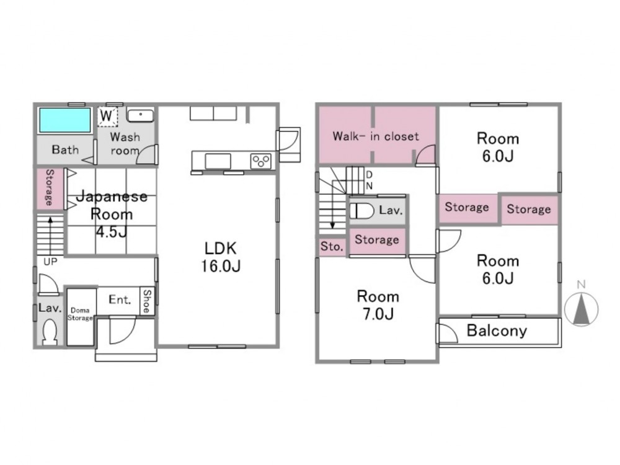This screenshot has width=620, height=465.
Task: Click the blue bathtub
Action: tap(65, 120)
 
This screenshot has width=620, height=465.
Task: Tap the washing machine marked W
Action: tap(107, 117)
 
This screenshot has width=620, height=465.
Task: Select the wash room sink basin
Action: tap(140, 115)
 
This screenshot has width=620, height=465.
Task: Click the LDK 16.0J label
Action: tap(221, 257)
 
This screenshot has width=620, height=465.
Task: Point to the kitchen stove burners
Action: tap(261, 161)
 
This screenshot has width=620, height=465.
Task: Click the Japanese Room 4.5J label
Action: tap(112, 214)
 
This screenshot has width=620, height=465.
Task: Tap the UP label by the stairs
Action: tap(50, 262)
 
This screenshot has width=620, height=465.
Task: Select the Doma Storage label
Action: tap(80, 314)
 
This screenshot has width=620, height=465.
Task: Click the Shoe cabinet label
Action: tap(147, 301)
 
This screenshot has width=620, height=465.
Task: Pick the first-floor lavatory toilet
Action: tap(50, 332)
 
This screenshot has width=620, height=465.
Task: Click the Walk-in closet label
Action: tap(376, 136)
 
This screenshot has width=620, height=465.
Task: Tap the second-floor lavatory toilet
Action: tap(362, 211)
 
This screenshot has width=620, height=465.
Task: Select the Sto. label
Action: tap(332, 246)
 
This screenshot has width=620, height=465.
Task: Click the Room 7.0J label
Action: tap(378, 305)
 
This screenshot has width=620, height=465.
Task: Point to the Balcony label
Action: tap(497, 330)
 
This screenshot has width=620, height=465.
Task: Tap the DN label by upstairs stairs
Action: tap(370, 180)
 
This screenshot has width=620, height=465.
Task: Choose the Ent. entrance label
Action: tap(120, 299)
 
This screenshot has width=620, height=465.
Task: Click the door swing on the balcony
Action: tap(448, 333)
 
